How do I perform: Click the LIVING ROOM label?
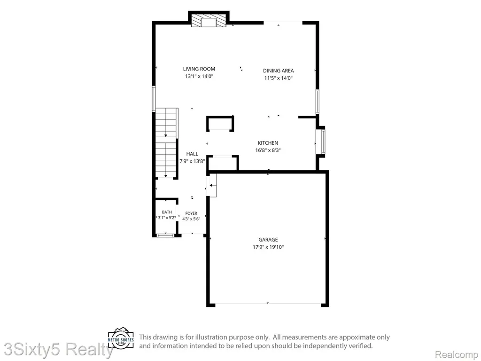199,69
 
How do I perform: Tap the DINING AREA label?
278,71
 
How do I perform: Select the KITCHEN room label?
268,143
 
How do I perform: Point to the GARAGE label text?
268,239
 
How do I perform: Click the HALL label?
192,154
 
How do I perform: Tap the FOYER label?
191,213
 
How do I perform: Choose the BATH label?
167,212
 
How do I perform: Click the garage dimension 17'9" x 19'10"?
268,247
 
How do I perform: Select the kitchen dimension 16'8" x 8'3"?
268,150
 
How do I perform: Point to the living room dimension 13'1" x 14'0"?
199,76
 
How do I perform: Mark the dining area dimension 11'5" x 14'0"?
278,78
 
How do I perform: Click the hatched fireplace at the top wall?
209,21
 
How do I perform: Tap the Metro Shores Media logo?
121,338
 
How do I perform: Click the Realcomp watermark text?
457,354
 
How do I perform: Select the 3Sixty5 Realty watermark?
57,350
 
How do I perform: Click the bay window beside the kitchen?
321,141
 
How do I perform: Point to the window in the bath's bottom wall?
165,235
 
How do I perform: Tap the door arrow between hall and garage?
213,185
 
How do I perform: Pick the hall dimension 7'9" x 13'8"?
192,161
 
